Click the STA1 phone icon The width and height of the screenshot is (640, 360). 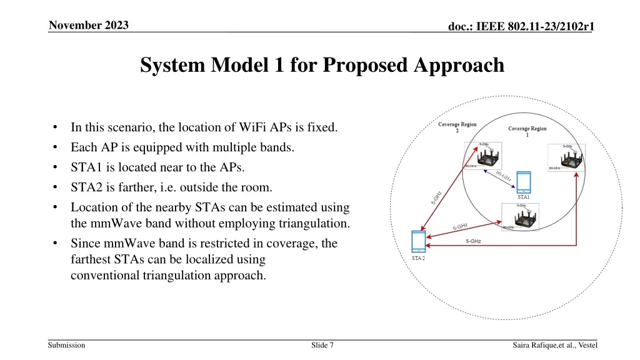coord(524,182)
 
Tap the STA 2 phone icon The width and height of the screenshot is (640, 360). coord(417,241)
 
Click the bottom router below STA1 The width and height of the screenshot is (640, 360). coord(520,216)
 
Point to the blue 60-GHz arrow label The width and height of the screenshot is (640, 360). coord(504,176)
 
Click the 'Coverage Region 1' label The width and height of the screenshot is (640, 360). coord(527,132)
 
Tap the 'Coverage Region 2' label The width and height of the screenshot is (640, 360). coord(457,127)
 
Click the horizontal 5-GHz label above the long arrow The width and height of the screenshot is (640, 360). coord(473,241)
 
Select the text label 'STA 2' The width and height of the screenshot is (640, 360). coord(417,258)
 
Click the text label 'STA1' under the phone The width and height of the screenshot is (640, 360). coord(524,197)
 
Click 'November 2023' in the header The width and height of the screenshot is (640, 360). coord(89,26)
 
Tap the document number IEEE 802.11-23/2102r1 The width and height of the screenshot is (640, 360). coord(521,26)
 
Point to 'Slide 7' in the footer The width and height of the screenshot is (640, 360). coord(322,345)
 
